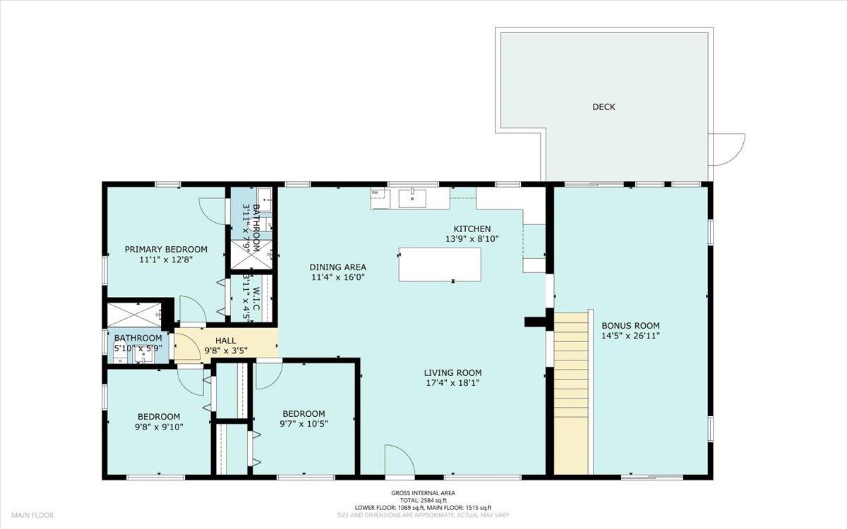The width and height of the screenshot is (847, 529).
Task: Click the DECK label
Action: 603,107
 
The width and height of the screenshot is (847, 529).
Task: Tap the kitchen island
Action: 440,264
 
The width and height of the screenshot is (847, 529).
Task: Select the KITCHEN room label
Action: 471,229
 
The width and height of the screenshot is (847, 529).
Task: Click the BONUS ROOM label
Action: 630,326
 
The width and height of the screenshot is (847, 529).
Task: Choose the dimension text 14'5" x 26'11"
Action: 630,336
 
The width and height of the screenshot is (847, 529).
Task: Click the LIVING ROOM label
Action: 452,373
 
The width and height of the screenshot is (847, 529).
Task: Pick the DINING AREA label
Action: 338,267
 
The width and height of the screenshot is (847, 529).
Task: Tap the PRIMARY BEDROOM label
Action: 166,249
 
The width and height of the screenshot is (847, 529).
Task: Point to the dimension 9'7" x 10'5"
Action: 304,424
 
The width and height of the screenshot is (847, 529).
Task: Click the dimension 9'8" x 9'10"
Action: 159,426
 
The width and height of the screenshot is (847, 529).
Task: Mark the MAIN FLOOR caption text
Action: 31,516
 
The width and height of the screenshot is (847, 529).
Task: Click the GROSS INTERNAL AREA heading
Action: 423,493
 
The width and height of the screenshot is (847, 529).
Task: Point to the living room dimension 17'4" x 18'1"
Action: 452,383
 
